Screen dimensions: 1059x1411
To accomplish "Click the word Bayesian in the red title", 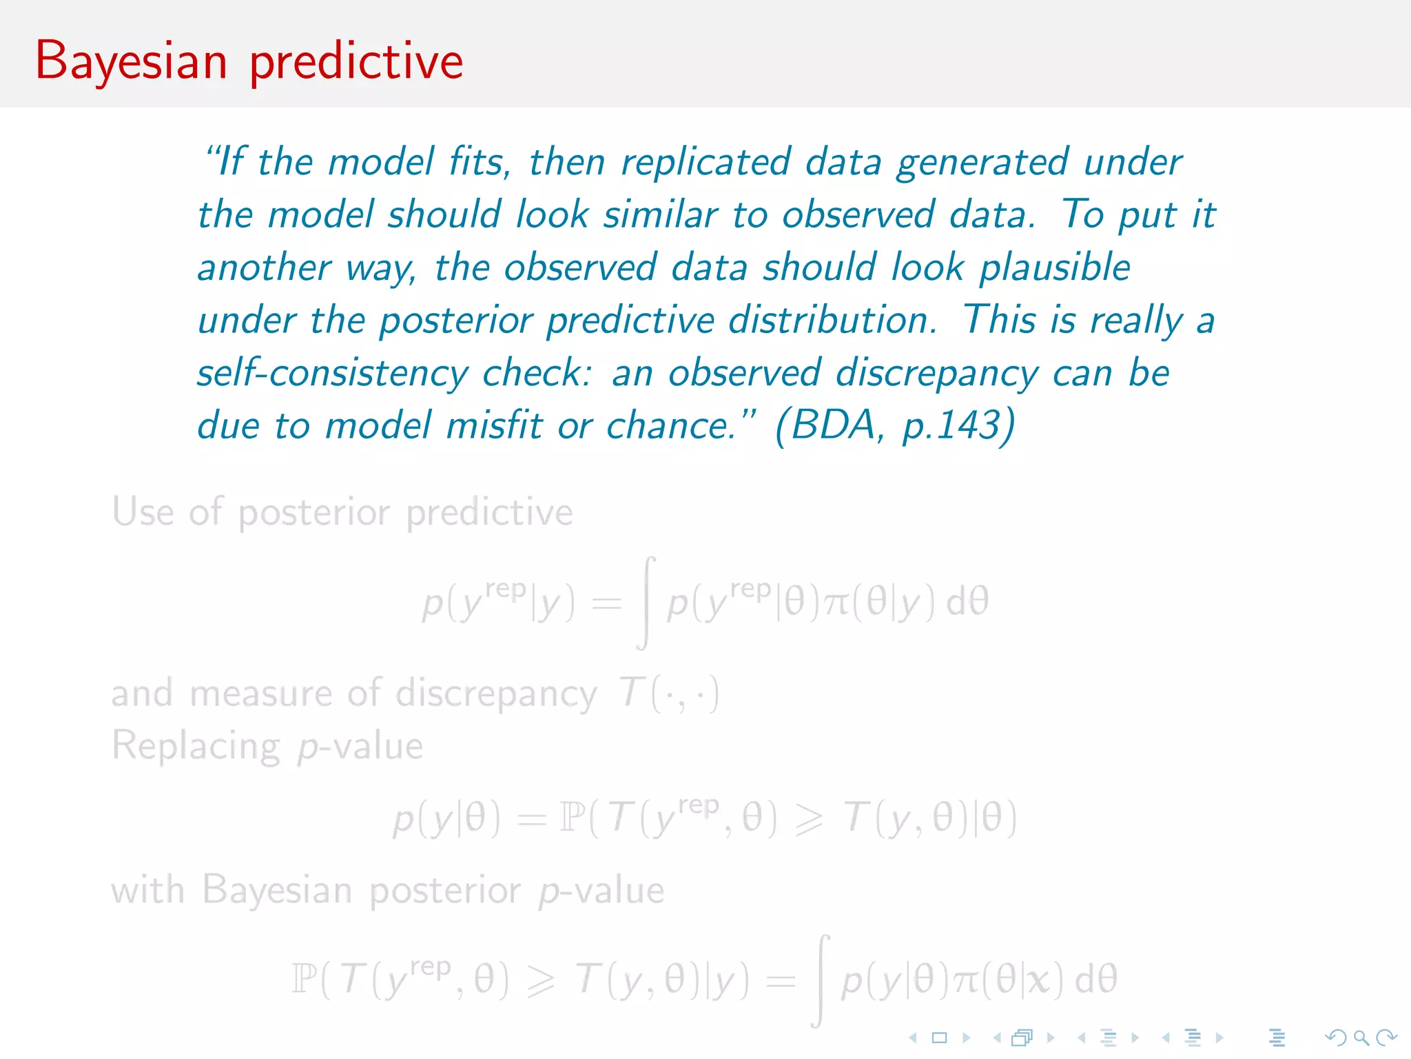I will point(131,62).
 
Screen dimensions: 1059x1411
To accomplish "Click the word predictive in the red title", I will point(356,62).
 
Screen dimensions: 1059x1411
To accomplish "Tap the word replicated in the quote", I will point(705,163).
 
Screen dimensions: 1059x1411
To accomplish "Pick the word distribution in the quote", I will point(832,321).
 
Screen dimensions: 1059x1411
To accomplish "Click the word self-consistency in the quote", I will point(333,374).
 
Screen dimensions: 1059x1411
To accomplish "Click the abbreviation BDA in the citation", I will point(833,425).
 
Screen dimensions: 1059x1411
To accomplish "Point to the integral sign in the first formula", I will point(646,603).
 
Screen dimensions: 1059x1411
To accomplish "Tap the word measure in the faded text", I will point(261,693).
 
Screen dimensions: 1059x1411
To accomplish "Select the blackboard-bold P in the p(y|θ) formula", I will point(571,818).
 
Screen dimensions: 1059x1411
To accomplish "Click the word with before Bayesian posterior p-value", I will point(147,890).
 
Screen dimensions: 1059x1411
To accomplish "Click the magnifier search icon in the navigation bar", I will point(1361,1037).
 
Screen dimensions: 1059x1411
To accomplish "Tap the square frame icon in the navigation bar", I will point(939,1037).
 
